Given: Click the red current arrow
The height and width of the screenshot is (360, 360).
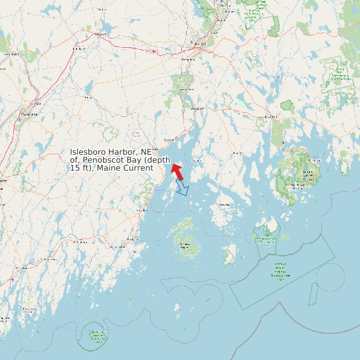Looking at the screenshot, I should pyautogui.click(x=177, y=170).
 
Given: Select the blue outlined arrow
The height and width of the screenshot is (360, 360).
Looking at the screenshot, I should pyautogui.click(x=181, y=189).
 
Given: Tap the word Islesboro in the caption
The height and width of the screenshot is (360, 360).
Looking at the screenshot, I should pyautogui.click(x=90, y=152).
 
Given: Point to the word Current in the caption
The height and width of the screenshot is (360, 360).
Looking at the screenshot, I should pyautogui.click(x=137, y=168).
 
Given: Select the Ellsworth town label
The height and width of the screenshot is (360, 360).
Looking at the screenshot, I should pyautogui.click(x=270, y=117).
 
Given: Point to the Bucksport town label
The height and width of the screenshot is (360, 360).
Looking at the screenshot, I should pyautogui.click(x=195, y=108).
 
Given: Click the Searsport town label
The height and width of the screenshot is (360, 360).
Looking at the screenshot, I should pyautogui.click(x=170, y=140).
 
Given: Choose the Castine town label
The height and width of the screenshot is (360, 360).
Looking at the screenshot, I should pyautogui.click(x=197, y=160).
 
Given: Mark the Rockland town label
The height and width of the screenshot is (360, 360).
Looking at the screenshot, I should pyautogui.click(x=141, y=211).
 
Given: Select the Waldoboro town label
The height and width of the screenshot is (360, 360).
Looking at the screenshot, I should pyautogui.click(x=80, y=242).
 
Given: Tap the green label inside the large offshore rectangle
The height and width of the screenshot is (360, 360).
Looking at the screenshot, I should pyautogui.click(x=280, y=271).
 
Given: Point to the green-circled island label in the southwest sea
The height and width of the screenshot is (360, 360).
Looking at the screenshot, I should pyautogui.click(x=98, y=337).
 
